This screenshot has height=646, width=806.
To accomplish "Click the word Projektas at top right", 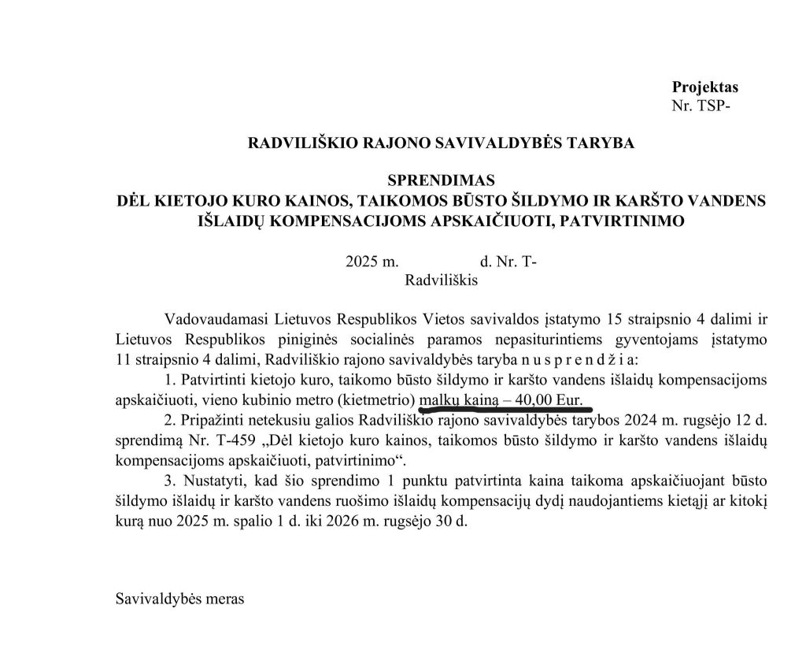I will point(705,87).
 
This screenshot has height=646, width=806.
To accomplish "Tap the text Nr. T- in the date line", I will point(518,262).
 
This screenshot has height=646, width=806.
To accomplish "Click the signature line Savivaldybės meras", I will point(179,599).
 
